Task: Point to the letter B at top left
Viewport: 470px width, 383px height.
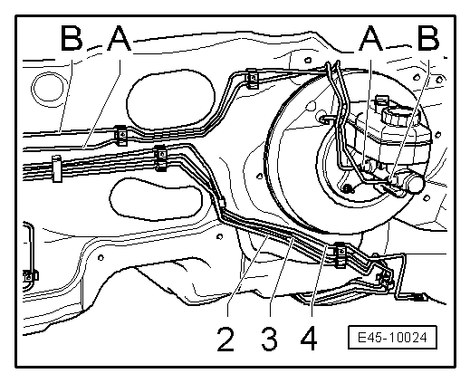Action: pos(72,40)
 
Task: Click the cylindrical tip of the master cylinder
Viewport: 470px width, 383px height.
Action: pos(415,183)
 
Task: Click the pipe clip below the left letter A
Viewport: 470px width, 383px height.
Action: pos(120,136)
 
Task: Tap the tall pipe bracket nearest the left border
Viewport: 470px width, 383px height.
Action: pos(55,168)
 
